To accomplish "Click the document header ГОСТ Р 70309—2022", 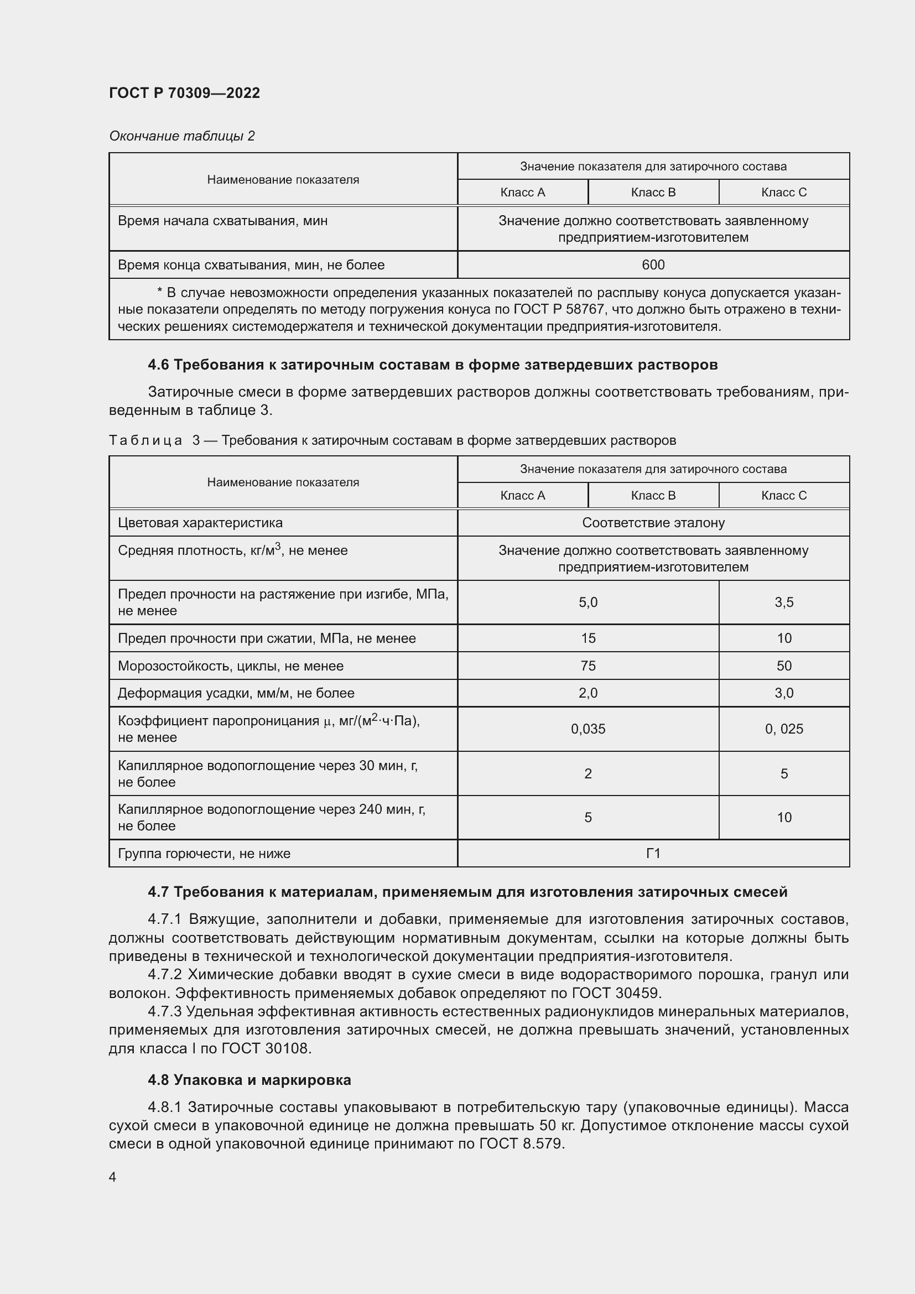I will pyautogui.click(x=184, y=93).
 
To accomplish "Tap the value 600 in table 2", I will pyautogui.click(x=652, y=265).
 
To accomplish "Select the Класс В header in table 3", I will pyautogui.click(x=652, y=495).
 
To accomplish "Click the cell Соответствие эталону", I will pyautogui.click(x=652, y=523).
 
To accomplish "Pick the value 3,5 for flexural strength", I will pyautogui.click(x=783, y=602).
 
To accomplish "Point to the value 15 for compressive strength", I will pyautogui.click(x=588, y=638).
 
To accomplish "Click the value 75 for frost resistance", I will pyautogui.click(x=588, y=666).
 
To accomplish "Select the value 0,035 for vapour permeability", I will pyautogui.click(x=588, y=729).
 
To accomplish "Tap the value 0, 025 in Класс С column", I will pyautogui.click(x=783, y=729).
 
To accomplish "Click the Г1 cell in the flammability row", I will pyautogui.click(x=652, y=854).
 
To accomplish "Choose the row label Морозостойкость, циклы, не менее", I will pyautogui.click(x=231, y=666).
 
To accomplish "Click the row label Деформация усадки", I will pyautogui.click(x=236, y=693).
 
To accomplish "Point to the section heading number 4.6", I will pyautogui.click(x=158, y=365).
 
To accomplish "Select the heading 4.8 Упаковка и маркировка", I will pyautogui.click(x=249, y=1080).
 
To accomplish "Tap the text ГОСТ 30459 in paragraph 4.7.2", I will pyautogui.click(x=616, y=993).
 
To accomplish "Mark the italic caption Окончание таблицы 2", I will pyautogui.click(x=181, y=136).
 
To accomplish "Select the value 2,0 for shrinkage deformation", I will pyautogui.click(x=588, y=693).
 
